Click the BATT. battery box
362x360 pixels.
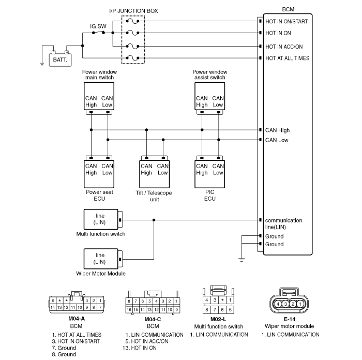point(61,60)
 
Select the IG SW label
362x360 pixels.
point(98,26)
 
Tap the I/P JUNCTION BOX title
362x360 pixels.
point(133,11)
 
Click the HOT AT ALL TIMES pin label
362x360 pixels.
point(287,58)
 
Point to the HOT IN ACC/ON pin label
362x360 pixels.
point(284,47)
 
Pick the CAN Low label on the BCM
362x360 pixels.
point(277,140)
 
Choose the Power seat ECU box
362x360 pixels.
point(99,174)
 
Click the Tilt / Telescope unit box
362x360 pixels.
point(155,174)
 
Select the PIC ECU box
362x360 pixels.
point(209,174)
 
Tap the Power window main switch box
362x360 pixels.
point(99,96)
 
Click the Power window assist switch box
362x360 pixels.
point(209,96)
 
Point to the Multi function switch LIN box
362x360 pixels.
point(101,219)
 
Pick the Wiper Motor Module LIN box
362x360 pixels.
point(101,259)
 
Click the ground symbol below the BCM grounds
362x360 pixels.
point(242,260)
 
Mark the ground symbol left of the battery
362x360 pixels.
point(42,64)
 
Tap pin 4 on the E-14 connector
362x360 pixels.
point(278,304)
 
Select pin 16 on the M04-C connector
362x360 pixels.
point(129,309)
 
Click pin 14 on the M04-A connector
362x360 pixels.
point(53,307)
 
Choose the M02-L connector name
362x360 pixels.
point(218,319)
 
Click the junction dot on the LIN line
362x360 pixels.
point(154,220)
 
